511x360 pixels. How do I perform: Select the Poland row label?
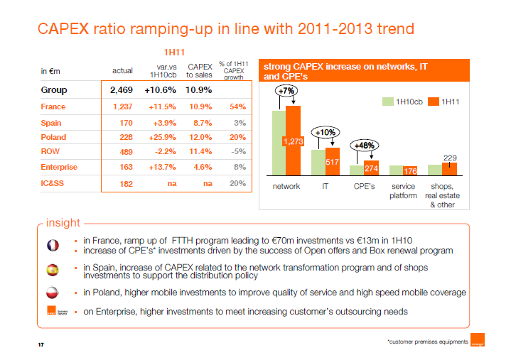pyautogui.click(x=53, y=137)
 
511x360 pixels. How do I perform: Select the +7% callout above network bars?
pyautogui.click(x=286, y=92)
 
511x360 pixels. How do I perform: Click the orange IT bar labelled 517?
pyautogui.click(x=332, y=162)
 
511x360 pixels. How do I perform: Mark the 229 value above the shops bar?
pyautogui.click(x=450, y=157)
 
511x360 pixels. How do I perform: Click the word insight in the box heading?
pyautogui.click(x=63, y=223)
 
